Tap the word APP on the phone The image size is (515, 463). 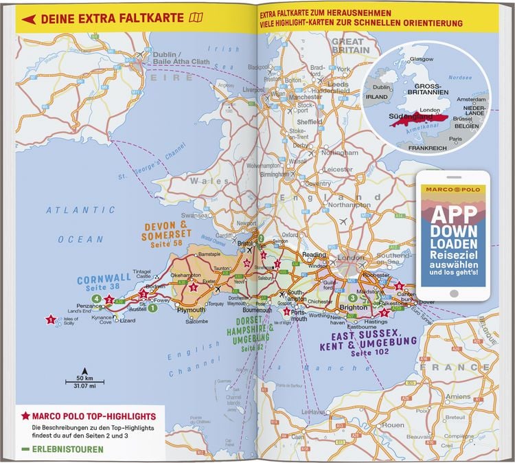coord(453,214)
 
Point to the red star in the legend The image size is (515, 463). coord(25,416)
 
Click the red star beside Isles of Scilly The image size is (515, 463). coord(50,319)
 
